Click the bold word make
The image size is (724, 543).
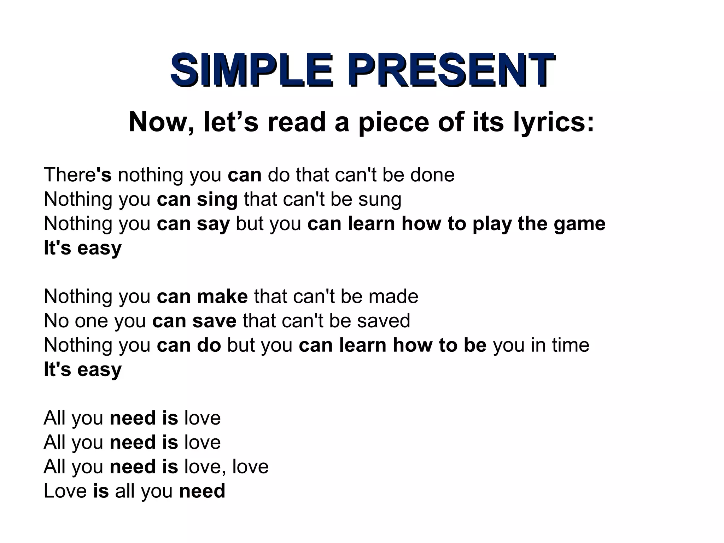[x=222, y=296]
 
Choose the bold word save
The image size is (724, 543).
[x=214, y=321]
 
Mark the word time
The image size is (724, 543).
[x=571, y=345]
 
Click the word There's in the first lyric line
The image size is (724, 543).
[x=77, y=175]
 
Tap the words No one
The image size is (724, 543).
[x=76, y=321]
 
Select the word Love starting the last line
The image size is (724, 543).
[x=65, y=491]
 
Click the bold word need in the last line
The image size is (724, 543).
[x=202, y=491]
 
